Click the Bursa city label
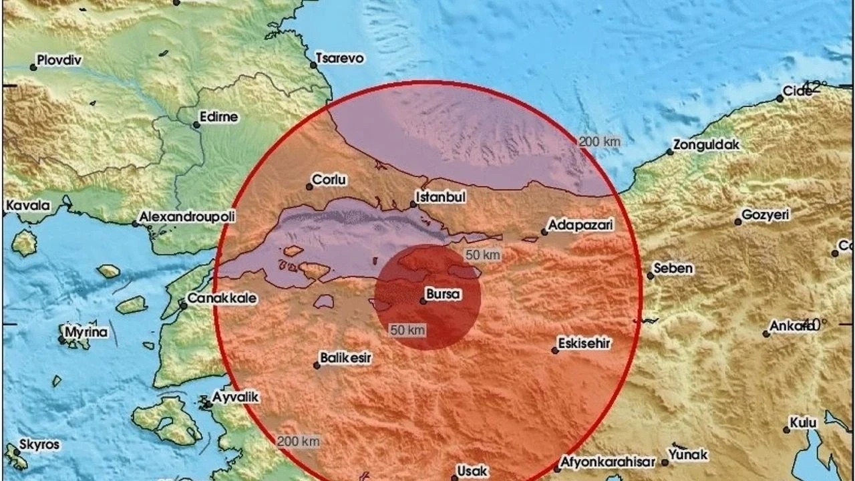click(x=444, y=293)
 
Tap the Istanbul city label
click(x=440, y=197)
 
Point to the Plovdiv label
click(x=59, y=60)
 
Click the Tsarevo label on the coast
click(x=340, y=58)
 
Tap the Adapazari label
click(x=580, y=226)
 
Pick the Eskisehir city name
click(x=586, y=343)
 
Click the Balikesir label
click(x=346, y=358)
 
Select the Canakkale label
click(x=221, y=298)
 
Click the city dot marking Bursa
click(x=423, y=301)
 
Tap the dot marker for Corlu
click(x=309, y=187)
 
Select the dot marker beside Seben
click(x=650, y=276)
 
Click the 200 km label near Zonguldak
click(x=599, y=141)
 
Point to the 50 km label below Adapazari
click(x=483, y=255)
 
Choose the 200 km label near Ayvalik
click(x=299, y=441)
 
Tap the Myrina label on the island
click(x=86, y=332)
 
